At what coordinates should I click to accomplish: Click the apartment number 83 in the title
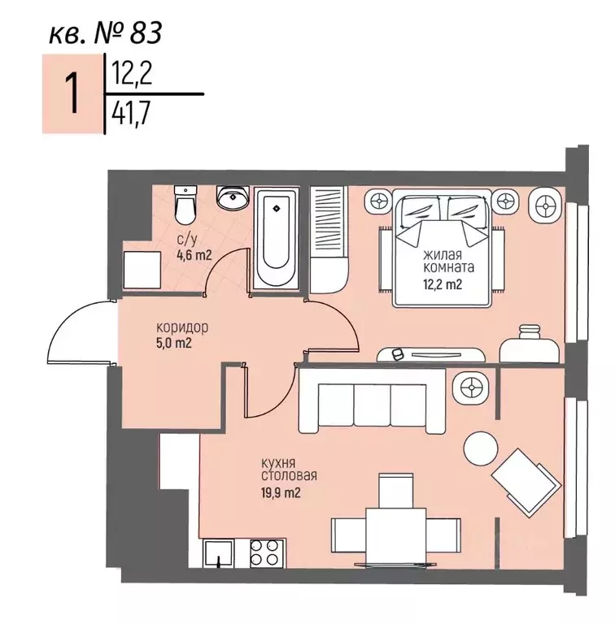146,32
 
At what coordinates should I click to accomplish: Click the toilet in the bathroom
185,206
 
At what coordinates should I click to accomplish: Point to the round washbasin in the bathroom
233,197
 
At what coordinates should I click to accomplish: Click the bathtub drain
277,208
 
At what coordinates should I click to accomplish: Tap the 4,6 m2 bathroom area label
194,254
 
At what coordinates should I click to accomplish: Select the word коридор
182,328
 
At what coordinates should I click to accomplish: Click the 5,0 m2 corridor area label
174,343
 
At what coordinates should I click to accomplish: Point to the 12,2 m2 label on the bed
442,284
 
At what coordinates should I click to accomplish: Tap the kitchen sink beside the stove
218,553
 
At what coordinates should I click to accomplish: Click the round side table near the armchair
481,448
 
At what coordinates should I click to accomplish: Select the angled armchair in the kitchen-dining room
526,482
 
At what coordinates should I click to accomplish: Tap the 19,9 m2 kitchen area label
281,493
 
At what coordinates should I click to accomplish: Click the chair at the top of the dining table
396,490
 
